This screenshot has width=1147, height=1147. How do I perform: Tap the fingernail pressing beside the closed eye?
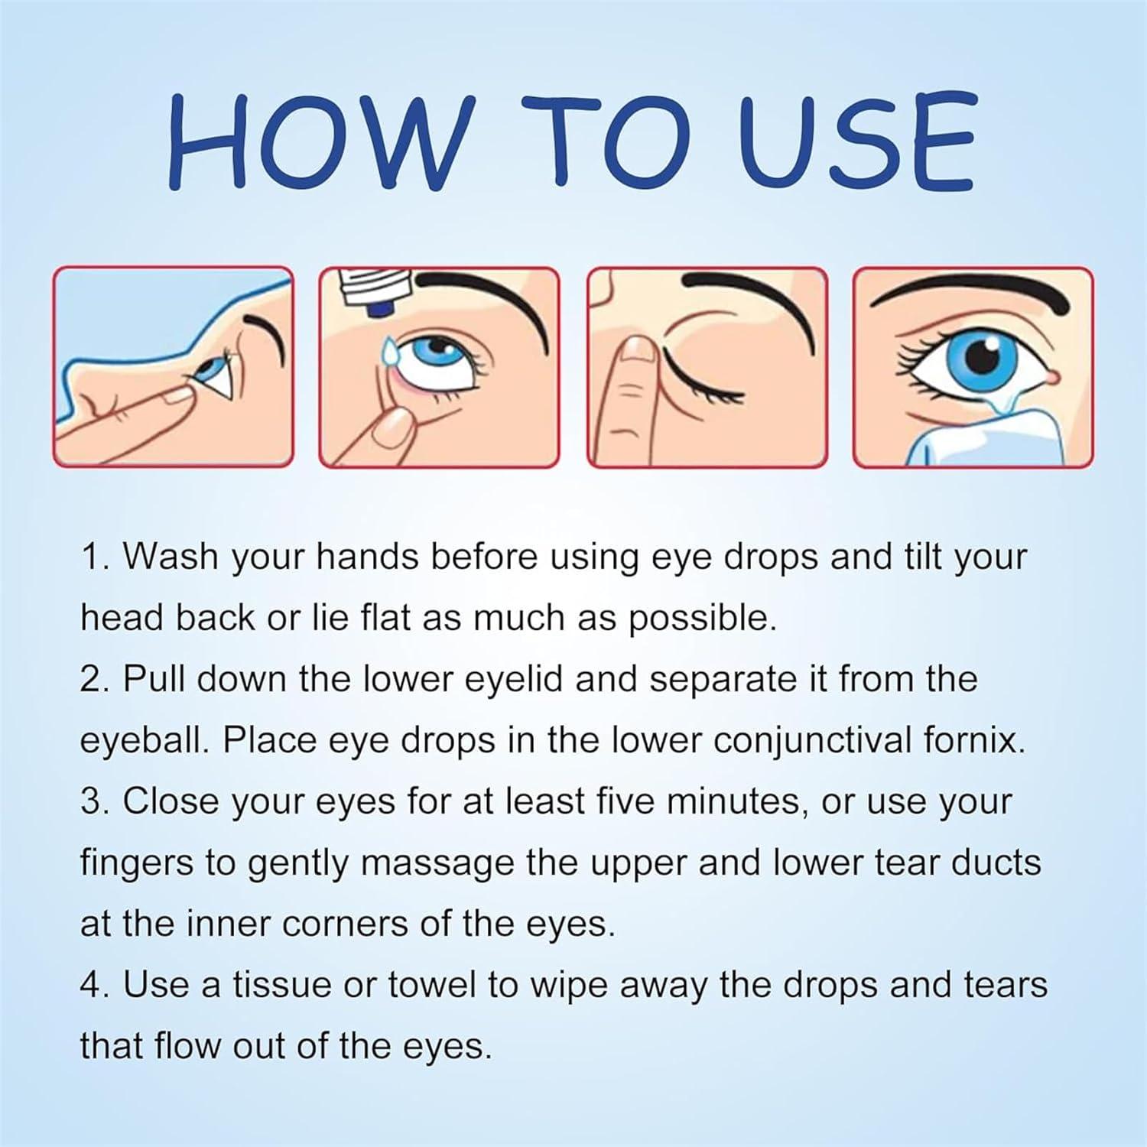635,349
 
